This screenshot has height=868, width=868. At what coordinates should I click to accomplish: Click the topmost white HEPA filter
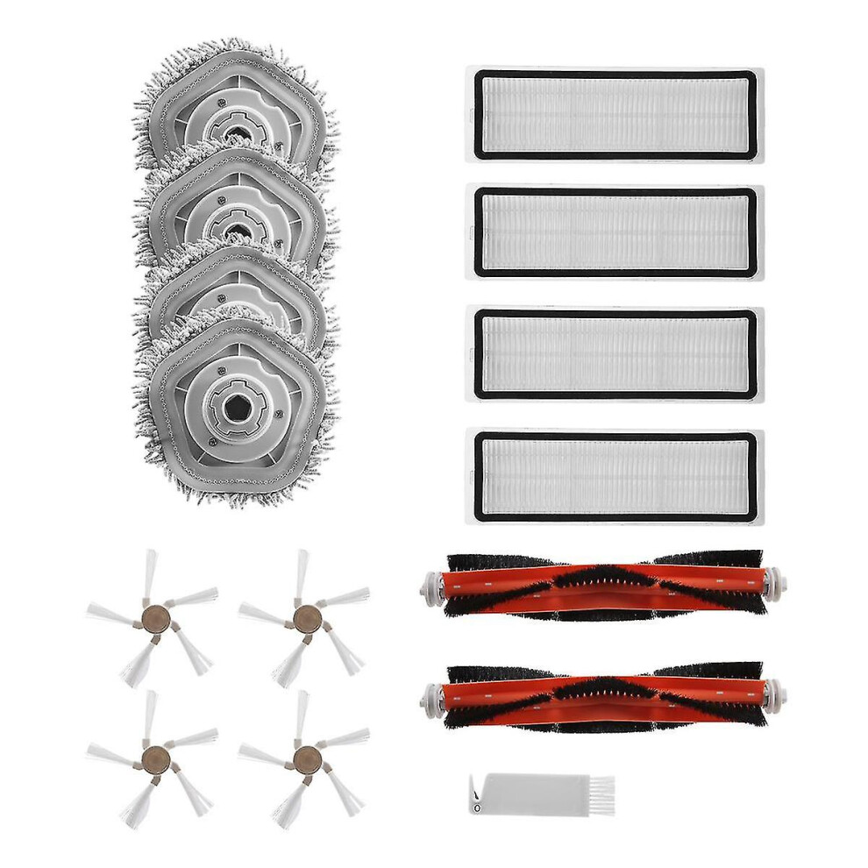pos(614,114)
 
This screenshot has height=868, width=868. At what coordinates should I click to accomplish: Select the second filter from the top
pos(614,231)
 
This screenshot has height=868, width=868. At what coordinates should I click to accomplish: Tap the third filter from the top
pos(614,353)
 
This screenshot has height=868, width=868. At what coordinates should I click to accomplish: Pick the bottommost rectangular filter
pos(614,475)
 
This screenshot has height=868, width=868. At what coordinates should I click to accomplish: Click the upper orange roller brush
pos(605,586)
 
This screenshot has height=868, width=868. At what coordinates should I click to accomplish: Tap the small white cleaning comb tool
pos(539,793)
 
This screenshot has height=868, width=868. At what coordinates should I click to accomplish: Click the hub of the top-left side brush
pos(152,619)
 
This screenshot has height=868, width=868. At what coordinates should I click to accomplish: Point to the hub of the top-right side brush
pos(304,619)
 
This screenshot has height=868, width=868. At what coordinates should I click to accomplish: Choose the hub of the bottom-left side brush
pos(152,758)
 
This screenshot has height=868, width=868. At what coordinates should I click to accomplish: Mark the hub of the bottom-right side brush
pos(304,758)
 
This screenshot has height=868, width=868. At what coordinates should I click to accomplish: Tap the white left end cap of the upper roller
pos(431,586)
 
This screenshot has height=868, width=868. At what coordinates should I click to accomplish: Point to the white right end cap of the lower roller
pos(774,695)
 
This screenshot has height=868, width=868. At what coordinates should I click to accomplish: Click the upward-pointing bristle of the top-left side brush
pos(150,574)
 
